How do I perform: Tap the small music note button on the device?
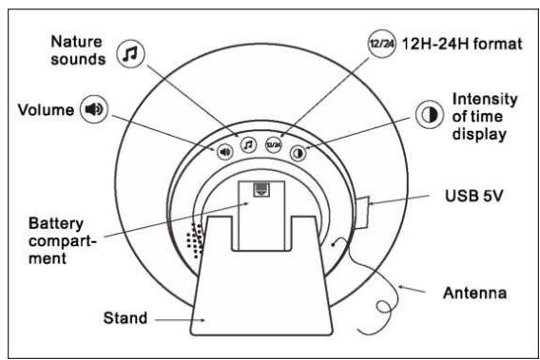click(x=248, y=145)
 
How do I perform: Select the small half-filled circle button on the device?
click(x=298, y=152)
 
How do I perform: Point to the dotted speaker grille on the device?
click(x=196, y=241)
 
